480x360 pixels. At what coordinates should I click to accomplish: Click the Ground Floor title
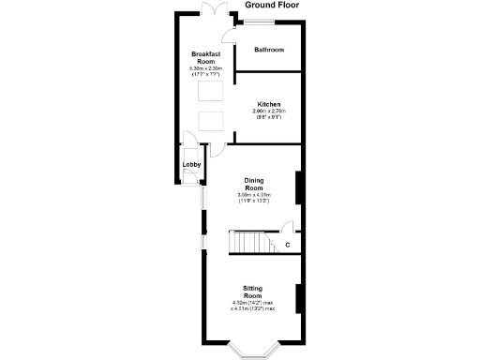273,6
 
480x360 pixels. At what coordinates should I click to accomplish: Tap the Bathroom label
269,50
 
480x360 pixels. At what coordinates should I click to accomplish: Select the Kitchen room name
269,104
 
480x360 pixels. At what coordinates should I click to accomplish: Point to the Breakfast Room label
204,58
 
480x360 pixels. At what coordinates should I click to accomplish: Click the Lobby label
191,165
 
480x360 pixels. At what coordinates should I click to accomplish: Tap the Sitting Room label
253,292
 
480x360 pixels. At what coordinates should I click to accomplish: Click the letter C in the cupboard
287,246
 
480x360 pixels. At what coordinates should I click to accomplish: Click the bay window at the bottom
253,351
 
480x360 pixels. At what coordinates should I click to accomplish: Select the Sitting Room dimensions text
253,306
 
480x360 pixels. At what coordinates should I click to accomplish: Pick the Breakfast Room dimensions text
204,71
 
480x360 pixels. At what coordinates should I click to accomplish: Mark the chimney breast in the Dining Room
299,187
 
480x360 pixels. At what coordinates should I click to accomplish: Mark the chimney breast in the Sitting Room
299,298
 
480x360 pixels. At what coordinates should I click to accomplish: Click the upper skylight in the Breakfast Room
208,91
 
